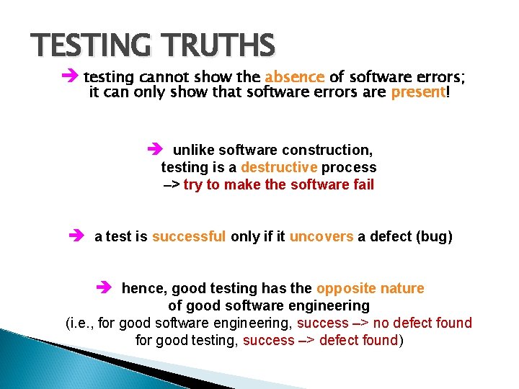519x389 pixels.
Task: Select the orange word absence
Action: [295, 77]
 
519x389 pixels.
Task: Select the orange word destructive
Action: [279, 167]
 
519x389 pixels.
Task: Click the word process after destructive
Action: [349, 167]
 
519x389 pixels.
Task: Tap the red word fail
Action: [363, 184]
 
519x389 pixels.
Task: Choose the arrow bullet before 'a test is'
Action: [77, 236]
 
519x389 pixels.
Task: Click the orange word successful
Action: [189, 236]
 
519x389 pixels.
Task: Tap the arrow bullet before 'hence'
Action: [105, 288]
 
